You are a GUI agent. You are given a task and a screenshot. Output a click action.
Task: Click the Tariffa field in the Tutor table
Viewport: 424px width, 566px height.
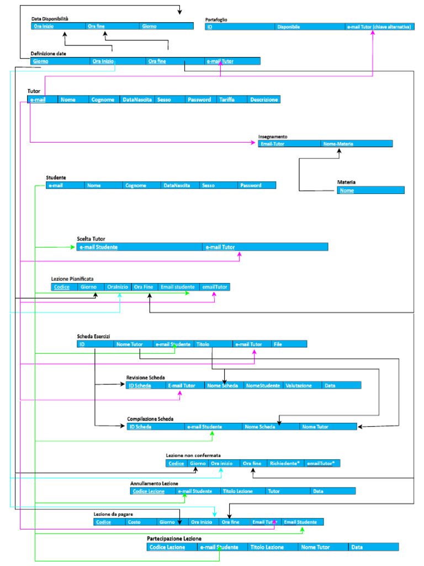point(226,99)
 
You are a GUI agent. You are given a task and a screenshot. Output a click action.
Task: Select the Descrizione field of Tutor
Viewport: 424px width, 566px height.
point(263,99)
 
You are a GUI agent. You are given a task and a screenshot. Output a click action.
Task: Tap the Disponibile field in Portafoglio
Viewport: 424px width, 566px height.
point(289,26)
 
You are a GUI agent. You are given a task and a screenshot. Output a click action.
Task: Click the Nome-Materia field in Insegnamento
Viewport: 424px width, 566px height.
point(338,144)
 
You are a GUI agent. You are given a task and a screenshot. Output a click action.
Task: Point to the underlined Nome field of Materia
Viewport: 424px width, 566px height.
point(347,190)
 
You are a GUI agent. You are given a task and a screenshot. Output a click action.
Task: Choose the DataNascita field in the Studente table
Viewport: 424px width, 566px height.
point(177,186)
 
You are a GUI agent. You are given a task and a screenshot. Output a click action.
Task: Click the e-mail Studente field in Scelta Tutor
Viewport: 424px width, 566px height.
point(99,247)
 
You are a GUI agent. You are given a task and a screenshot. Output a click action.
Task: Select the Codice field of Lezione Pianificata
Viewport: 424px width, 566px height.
point(62,287)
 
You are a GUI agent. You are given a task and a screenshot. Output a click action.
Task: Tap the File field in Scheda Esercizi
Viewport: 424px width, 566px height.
point(278,344)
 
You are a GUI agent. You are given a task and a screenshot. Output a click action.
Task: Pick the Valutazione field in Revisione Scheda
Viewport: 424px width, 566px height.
point(299,385)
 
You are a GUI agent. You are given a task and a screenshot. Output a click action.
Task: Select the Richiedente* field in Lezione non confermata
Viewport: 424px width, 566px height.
point(284,463)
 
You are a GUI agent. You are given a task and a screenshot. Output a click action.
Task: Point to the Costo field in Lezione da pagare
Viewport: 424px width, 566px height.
point(134,522)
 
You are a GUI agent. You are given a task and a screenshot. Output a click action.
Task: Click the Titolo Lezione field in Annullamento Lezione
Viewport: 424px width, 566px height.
point(237,491)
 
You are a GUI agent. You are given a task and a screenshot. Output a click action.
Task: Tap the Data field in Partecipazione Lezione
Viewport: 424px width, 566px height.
point(357,547)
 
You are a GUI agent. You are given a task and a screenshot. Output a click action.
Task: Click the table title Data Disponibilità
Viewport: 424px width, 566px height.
point(50,19)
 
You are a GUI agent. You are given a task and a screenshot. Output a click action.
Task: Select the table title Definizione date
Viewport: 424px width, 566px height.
point(49,54)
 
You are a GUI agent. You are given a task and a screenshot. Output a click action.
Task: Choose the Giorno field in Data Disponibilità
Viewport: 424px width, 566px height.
point(149,26)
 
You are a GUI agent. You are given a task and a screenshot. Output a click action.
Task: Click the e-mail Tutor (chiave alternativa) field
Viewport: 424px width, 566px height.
point(380,26)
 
